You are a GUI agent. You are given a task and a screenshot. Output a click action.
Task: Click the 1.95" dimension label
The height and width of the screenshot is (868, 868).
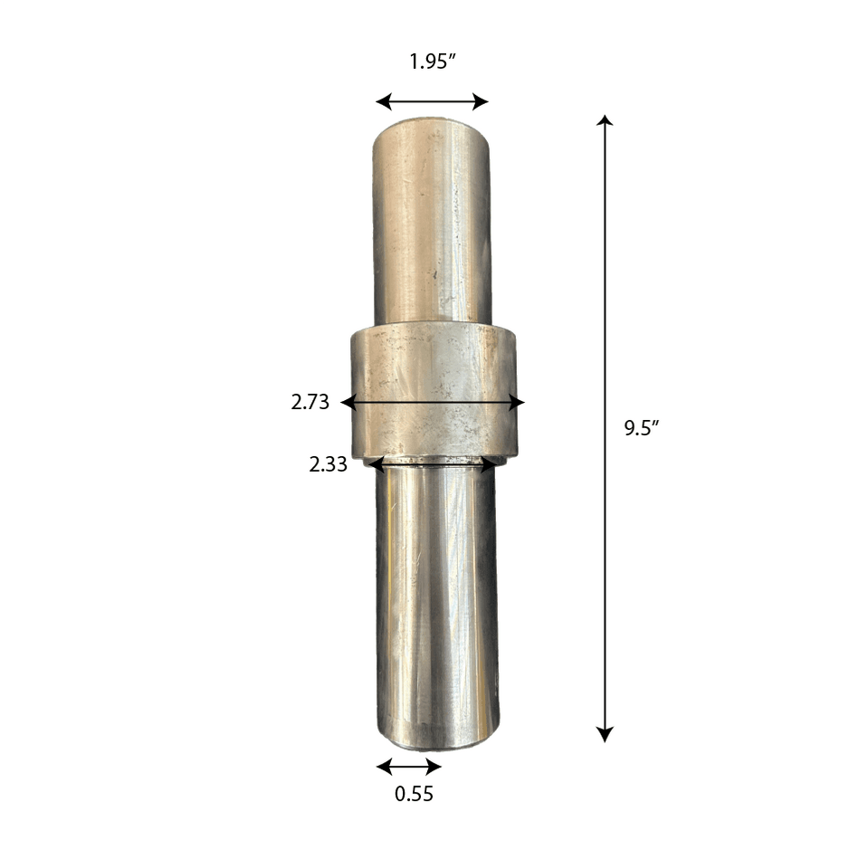click(433, 61)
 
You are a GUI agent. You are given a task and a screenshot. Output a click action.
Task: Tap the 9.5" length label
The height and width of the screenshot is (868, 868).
click(642, 428)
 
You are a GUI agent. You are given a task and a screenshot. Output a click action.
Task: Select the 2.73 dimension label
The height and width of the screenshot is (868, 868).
click(310, 402)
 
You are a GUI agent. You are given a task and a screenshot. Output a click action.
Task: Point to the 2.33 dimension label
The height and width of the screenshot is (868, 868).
click(329, 464)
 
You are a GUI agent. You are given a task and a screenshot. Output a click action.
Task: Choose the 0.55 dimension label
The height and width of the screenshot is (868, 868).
click(414, 794)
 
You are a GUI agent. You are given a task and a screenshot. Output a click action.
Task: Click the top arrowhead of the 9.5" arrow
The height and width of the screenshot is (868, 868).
click(605, 120)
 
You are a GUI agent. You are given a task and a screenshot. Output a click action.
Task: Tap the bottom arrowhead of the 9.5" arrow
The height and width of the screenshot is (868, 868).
click(605, 735)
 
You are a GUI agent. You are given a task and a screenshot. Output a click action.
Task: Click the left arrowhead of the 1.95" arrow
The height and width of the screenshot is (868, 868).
click(384, 102)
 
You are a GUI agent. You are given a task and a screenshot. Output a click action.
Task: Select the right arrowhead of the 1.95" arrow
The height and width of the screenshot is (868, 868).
click(481, 102)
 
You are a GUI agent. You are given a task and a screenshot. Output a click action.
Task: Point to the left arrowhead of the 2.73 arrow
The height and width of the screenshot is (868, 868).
click(348, 403)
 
